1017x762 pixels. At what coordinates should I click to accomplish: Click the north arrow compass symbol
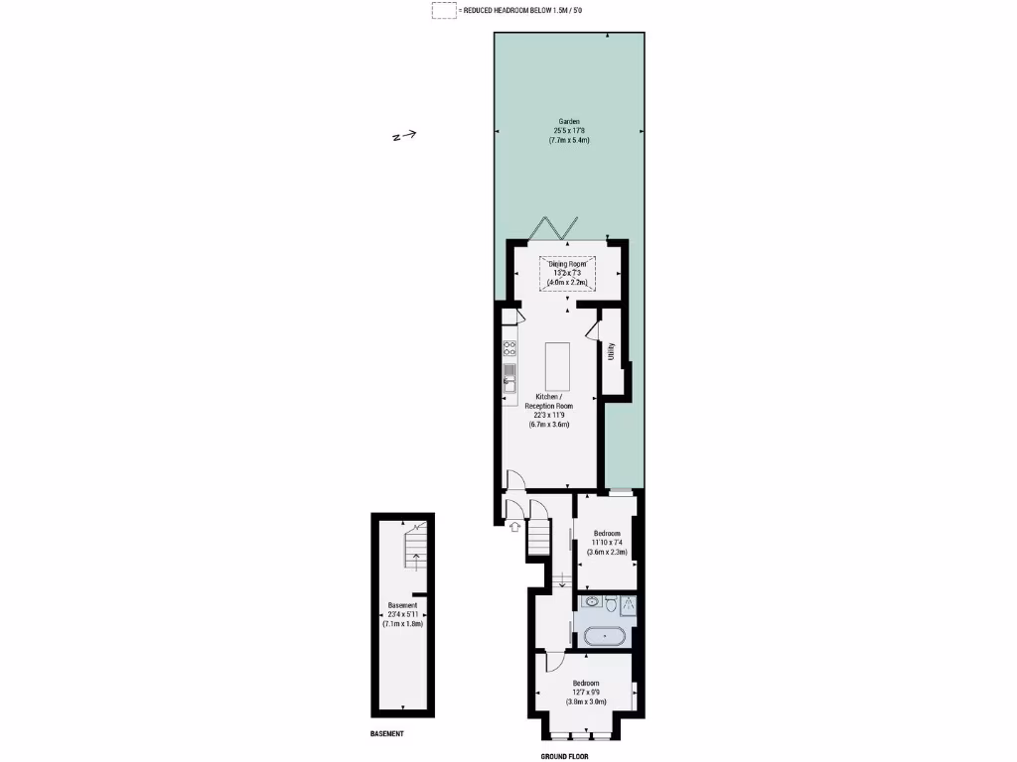click(x=404, y=137)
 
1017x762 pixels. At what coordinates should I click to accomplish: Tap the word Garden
click(x=568, y=121)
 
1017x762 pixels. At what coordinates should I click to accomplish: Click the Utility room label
click(x=612, y=350)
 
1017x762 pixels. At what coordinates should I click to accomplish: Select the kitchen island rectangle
click(x=557, y=368)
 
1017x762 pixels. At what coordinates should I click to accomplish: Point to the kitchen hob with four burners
click(x=509, y=348)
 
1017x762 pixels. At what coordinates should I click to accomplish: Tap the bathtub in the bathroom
click(x=605, y=636)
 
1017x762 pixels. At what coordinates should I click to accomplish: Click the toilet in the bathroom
click(x=612, y=603)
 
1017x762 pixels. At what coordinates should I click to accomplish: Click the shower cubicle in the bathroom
click(x=629, y=604)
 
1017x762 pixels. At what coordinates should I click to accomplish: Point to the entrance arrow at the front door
click(x=514, y=527)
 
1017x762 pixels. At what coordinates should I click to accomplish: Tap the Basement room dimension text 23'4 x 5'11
click(x=402, y=614)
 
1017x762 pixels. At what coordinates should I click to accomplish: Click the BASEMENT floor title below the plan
click(x=382, y=734)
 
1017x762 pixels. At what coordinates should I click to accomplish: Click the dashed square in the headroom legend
click(x=444, y=10)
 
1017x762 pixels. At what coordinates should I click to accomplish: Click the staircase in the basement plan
click(x=414, y=549)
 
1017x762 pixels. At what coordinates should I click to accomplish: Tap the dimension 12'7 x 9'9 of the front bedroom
click(x=585, y=692)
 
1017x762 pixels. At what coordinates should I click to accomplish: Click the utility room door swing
click(x=595, y=328)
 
